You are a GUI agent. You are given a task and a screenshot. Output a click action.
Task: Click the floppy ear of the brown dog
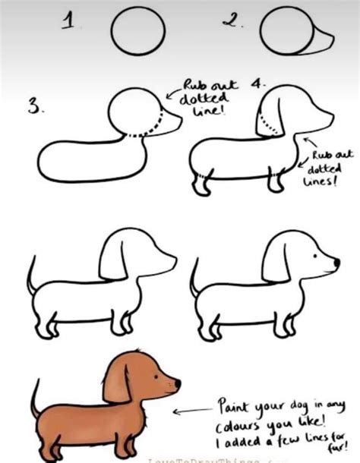click(x=116, y=382)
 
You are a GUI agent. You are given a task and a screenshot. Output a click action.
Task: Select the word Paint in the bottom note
click(x=236, y=402)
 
